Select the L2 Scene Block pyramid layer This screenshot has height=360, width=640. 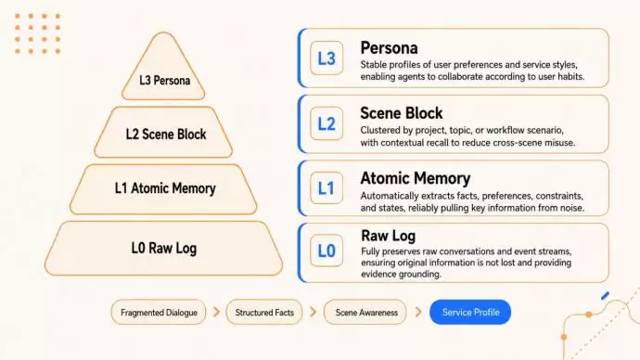coord(163,133)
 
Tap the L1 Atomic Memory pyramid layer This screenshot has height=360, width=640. coord(163,189)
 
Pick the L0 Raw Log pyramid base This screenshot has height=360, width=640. coord(163,248)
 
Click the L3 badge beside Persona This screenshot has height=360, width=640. coord(326,58)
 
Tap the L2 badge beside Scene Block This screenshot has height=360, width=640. coord(326,123)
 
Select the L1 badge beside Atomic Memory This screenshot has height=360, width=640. coord(326,187)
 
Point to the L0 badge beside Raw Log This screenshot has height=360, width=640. coord(326,251)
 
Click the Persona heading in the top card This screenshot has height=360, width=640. coord(389,48)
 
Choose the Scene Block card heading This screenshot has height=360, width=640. coord(402,113)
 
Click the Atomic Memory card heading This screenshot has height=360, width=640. coord(416,178)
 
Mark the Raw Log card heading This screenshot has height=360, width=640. coord(388,236)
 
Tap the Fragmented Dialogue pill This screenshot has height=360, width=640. coord(159,313)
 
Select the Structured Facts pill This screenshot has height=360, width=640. coord(264,313)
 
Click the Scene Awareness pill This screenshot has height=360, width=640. coord(365,313)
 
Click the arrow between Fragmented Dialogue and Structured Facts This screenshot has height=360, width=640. coord(216,313)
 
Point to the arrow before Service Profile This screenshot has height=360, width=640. coord(418,313)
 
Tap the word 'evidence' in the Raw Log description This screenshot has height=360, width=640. coord(379,275)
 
